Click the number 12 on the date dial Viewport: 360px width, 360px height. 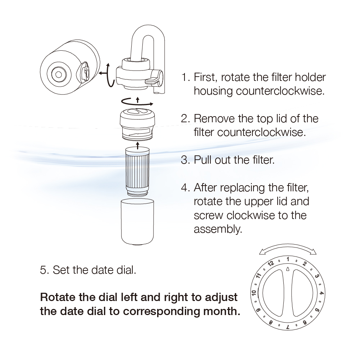click(x=271, y=263)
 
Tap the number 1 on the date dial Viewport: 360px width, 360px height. click(x=288, y=259)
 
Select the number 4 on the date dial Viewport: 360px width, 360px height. click(x=322, y=293)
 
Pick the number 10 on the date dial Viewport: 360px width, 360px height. click(x=254, y=293)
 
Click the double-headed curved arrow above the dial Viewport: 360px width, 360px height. click(x=288, y=247)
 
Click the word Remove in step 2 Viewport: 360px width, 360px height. click(x=214, y=118)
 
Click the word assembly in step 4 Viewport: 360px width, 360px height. click(x=218, y=229)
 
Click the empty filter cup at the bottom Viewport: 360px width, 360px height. click(x=137, y=222)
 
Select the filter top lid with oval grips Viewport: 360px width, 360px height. click(x=137, y=124)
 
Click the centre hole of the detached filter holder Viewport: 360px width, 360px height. click(x=58, y=74)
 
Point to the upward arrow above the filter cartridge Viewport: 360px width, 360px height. click(x=137, y=145)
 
